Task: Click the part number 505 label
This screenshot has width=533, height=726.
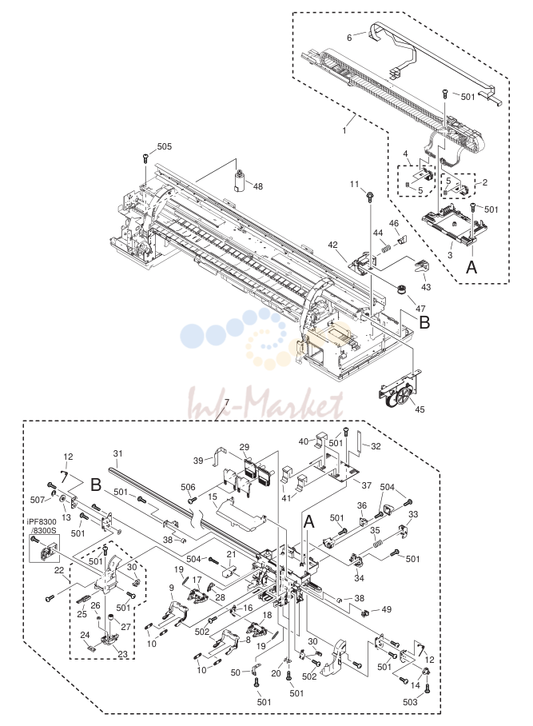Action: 165,146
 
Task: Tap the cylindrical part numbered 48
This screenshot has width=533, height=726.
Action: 240,181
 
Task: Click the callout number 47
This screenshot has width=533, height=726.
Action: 420,309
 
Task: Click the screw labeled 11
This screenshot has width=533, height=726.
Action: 370,197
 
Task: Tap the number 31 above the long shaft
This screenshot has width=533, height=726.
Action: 117,453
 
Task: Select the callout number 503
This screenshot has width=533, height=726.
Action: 410,702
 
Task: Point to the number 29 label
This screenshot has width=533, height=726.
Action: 245,447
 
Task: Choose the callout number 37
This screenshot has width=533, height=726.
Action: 367,485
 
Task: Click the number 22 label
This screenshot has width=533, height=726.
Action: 59,570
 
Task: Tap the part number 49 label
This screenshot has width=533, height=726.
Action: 386,609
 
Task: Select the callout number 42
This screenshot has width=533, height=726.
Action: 334,245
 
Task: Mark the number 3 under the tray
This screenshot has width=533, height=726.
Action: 450,254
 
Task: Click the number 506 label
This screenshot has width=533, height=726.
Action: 188,487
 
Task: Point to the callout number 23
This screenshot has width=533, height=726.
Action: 123,654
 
